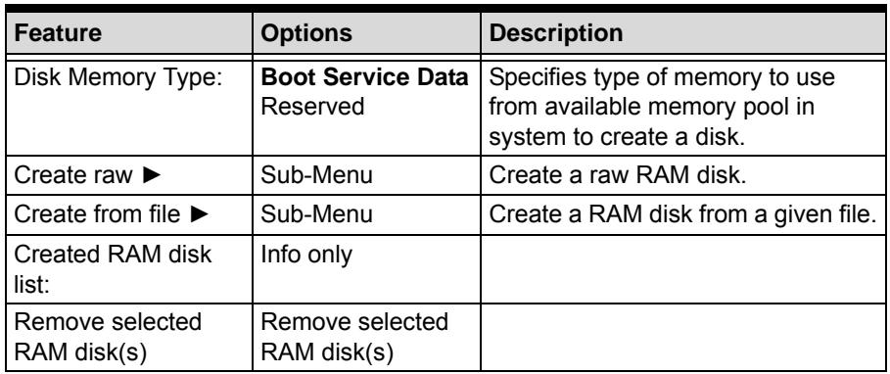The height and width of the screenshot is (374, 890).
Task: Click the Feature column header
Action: [58, 33]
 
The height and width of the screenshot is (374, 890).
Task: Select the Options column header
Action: [305, 33]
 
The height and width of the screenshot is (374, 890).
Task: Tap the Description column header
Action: [556, 33]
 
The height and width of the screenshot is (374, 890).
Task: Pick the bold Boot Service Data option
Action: [364, 77]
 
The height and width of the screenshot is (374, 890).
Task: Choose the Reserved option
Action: [312, 106]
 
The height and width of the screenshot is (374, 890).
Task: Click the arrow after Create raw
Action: [152, 175]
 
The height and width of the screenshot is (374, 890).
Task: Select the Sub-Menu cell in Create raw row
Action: [316, 175]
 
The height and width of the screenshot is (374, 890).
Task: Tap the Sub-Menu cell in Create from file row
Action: [316, 214]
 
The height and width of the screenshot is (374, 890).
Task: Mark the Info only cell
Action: [306, 255]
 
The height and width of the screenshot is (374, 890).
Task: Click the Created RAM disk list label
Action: [113, 268]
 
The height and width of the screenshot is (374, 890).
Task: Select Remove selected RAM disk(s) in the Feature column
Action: [108, 337]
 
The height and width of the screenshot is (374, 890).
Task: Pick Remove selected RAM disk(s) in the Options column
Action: [354, 337]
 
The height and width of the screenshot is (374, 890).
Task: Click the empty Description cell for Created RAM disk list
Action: [682, 268]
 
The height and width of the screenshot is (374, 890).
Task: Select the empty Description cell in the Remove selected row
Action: [682, 337]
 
